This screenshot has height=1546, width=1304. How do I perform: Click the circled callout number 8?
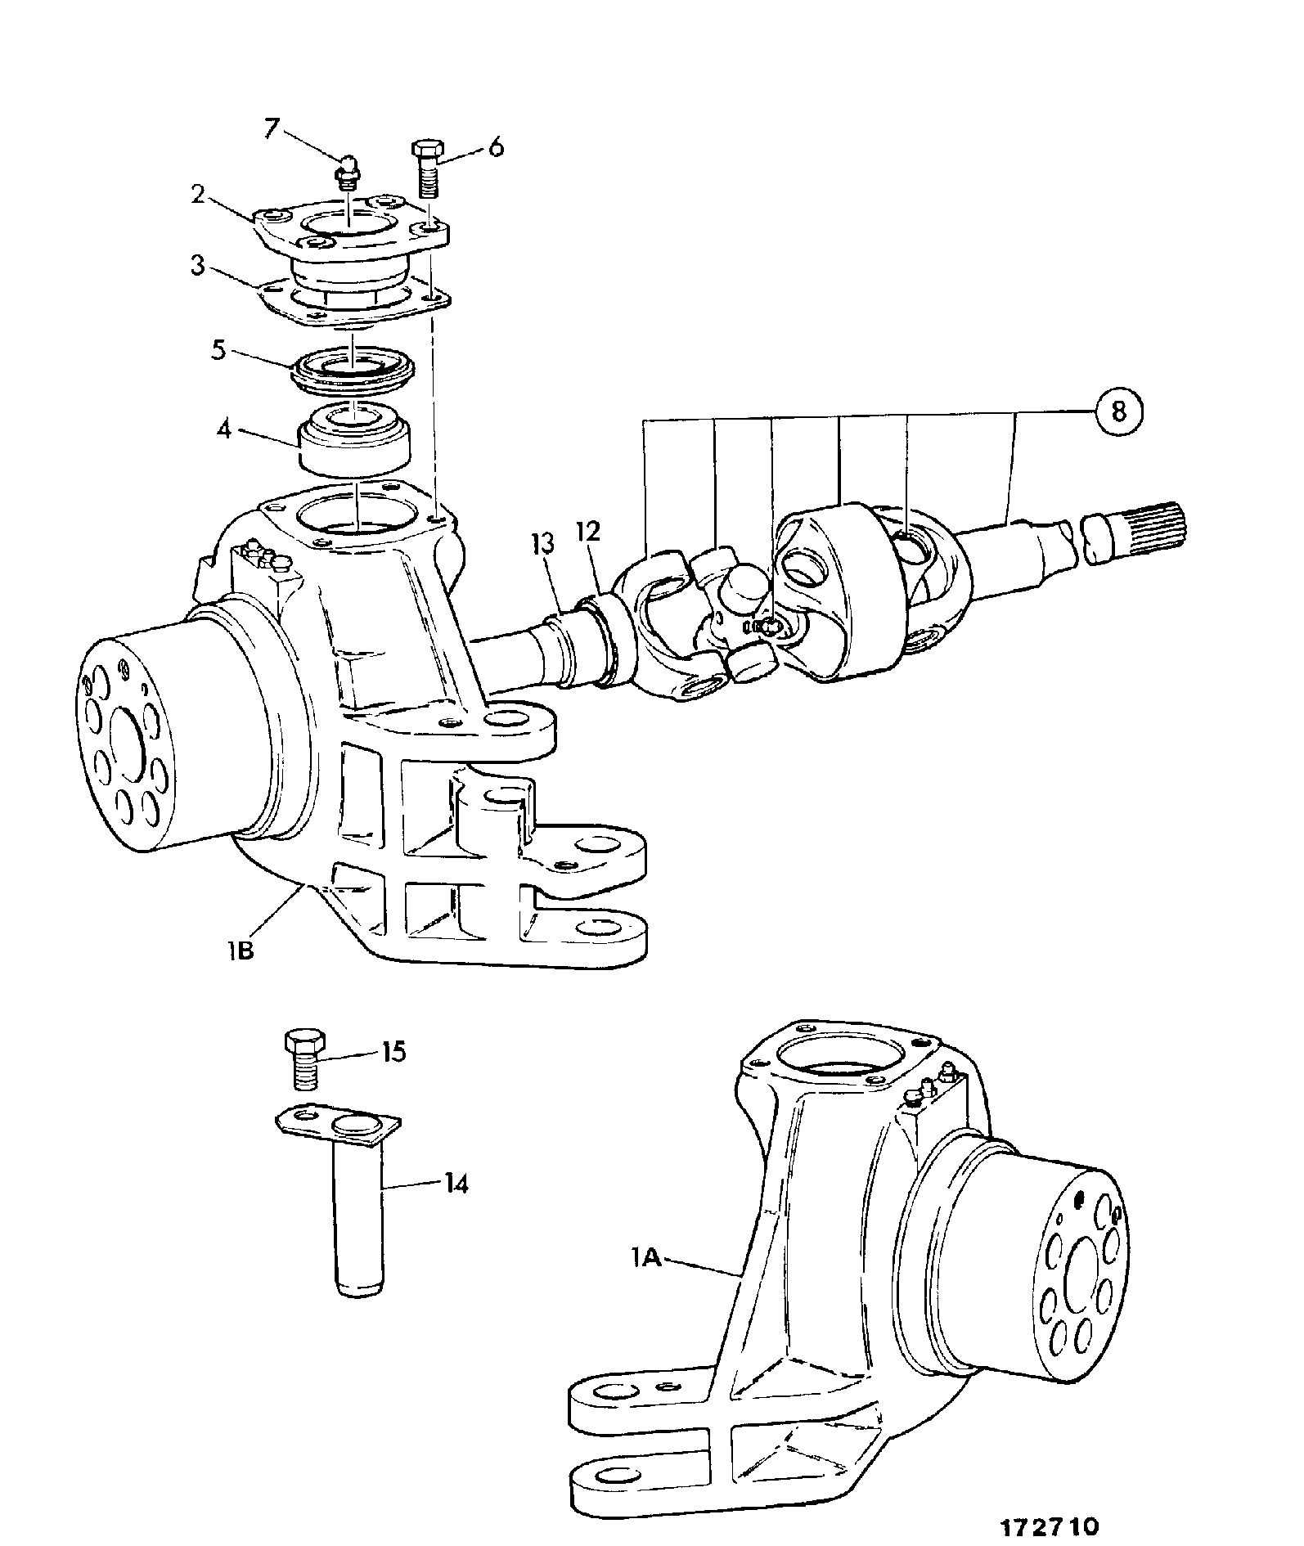(x=1118, y=411)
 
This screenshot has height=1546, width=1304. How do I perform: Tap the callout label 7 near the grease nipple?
(x=272, y=128)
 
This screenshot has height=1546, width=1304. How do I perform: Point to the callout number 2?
(x=197, y=196)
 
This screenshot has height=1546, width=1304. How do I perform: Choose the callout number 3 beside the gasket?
(x=197, y=267)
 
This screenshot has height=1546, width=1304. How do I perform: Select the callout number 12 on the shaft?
(x=588, y=532)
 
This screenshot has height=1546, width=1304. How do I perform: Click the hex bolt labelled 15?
(x=304, y=1059)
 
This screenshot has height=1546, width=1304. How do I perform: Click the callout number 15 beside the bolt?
(x=393, y=1051)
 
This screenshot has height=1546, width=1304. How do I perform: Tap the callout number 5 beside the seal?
(x=218, y=349)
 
